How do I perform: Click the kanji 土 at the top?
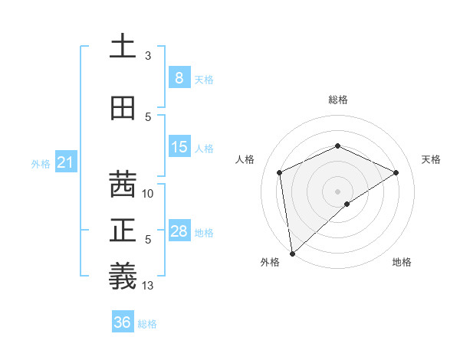click(x=123, y=46)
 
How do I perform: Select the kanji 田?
click(x=123, y=108)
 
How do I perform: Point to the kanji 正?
click(x=123, y=231)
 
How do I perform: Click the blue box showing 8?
click(x=179, y=77)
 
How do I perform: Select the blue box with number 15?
click(x=179, y=148)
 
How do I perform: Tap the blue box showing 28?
click(x=179, y=231)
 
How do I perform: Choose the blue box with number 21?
click(x=66, y=162)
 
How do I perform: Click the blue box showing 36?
click(x=123, y=322)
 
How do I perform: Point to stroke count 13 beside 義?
click(x=149, y=286)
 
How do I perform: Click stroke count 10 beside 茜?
click(x=149, y=194)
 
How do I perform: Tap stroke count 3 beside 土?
click(x=148, y=56)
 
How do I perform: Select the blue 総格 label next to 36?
click(x=147, y=324)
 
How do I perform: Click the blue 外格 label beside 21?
click(x=40, y=164)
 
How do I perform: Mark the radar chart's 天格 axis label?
click(x=432, y=159)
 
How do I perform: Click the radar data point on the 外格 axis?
click(x=291, y=253)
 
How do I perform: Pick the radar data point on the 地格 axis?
click(x=347, y=204)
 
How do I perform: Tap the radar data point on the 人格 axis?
click(x=280, y=172)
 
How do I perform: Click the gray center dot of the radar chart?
click(x=337, y=191)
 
